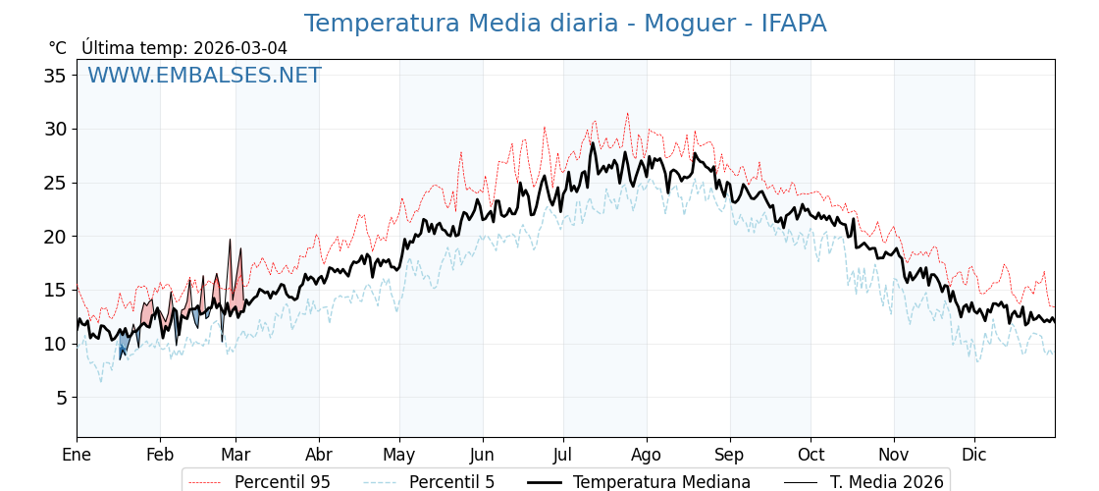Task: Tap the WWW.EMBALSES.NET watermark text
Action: [x=204, y=76]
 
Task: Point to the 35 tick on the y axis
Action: [x=55, y=76]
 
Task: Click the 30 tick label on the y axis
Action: [x=55, y=129]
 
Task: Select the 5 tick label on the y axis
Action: [x=60, y=398]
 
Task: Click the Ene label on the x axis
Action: [x=77, y=455]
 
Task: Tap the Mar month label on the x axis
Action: [x=235, y=455]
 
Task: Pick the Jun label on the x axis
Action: [x=482, y=455]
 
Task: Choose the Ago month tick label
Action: [x=646, y=455]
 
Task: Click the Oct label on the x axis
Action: [x=811, y=455]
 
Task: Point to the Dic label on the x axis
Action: [x=974, y=455]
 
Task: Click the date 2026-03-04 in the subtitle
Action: [x=240, y=48]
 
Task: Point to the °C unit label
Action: [x=57, y=48]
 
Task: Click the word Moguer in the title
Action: [x=691, y=24]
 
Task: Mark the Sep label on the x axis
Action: [x=729, y=455]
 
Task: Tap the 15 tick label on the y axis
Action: [x=55, y=290]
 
